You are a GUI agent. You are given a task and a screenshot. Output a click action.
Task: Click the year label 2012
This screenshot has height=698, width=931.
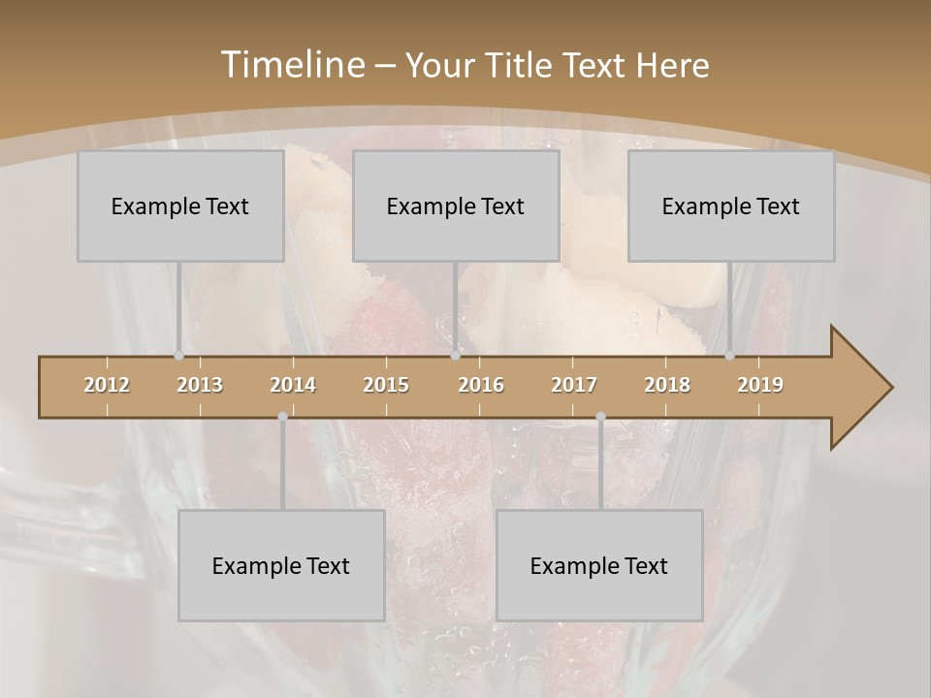pos(107,385)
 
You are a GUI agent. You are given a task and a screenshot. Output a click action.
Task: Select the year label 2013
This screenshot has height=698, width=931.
pos(200,385)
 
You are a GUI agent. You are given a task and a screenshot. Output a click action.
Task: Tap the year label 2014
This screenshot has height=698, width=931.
pos(293,385)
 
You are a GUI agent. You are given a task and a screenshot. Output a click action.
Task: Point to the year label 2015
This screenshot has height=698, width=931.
pos(386,385)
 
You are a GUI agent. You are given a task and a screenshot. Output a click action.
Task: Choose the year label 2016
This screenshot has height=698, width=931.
pos(481,385)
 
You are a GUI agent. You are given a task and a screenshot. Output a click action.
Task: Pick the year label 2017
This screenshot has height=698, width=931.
pos(574,385)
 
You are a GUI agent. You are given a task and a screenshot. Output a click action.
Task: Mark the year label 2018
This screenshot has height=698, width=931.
pos(667,385)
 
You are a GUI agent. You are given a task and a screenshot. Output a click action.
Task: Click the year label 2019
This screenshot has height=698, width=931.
pos(760,385)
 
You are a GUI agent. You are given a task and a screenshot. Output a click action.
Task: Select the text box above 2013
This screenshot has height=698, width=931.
pos(180,206)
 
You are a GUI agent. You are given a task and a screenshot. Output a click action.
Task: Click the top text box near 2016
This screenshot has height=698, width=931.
pos(456,206)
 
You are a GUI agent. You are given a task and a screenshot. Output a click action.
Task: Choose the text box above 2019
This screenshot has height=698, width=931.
pos(731,206)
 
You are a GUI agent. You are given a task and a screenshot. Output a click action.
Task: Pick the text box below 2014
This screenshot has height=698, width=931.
pos(281,565)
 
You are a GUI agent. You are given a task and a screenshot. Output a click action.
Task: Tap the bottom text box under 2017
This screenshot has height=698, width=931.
pos(599,565)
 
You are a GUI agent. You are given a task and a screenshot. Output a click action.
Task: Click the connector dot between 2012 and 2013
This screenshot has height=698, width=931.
pos(178,355)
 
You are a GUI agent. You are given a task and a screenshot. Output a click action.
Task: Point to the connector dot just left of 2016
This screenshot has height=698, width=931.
pos(455,355)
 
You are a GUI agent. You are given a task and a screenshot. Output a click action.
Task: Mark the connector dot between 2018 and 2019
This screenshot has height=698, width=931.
pos(730,355)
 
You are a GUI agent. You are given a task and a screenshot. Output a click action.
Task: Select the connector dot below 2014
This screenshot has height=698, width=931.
pos(282,417)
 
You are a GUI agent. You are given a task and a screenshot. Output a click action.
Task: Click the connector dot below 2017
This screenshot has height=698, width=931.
pos(600,417)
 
